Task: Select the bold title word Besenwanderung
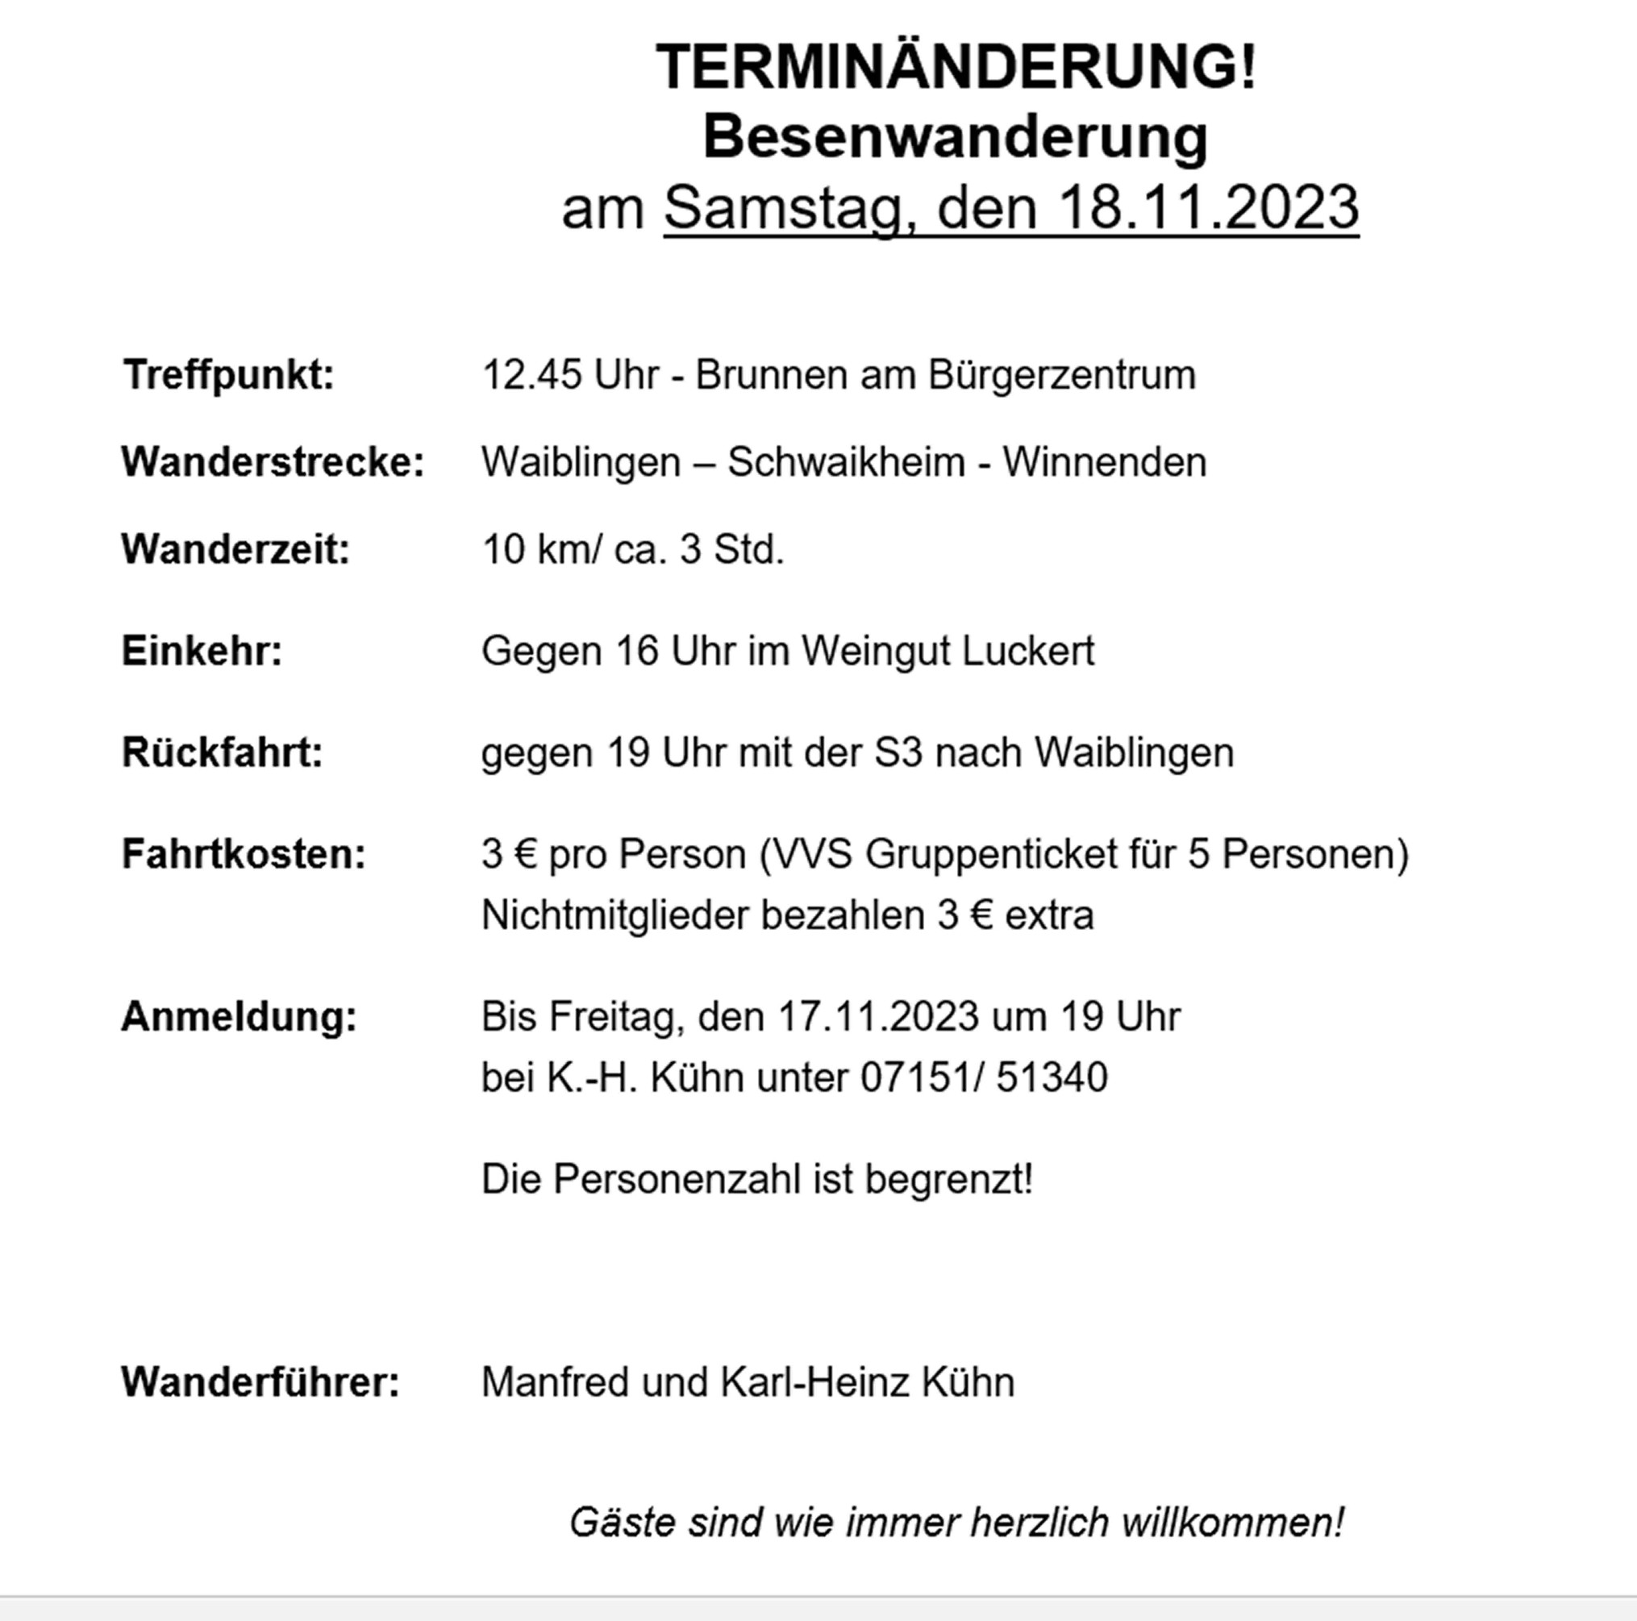click(955, 136)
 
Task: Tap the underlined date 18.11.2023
click(1208, 206)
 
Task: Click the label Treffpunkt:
click(229, 374)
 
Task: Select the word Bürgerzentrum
click(1062, 374)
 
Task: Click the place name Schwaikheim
click(846, 463)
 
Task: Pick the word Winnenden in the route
click(1104, 463)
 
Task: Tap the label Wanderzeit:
click(235, 549)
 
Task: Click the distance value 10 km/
click(541, 549)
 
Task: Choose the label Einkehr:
click(202, 651)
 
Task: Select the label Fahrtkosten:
click(244, 853)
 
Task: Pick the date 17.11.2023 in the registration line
click(878, 1016)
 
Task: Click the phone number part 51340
click(1052, 1077)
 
